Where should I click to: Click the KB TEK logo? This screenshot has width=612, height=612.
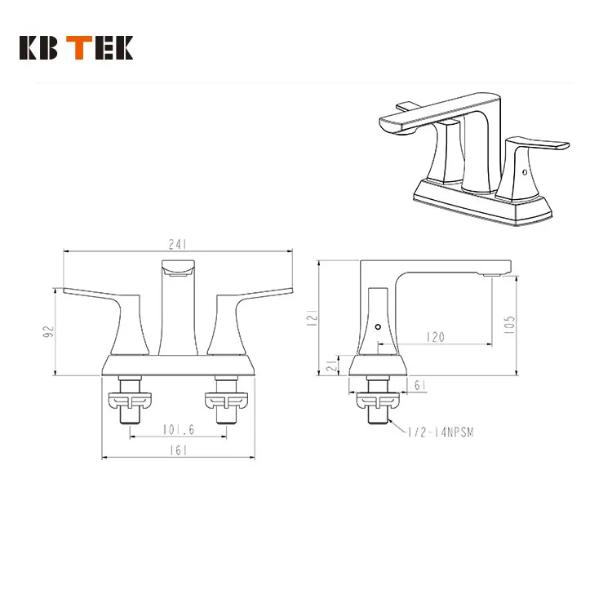(x=75, y=48)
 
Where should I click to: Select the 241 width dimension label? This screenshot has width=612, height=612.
(x=179, y=244)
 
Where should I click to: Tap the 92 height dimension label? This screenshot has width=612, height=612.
(x=48, y=331)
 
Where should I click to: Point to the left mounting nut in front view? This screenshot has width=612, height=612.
(x=131, y=400)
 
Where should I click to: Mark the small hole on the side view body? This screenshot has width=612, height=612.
(x=378, y=327)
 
